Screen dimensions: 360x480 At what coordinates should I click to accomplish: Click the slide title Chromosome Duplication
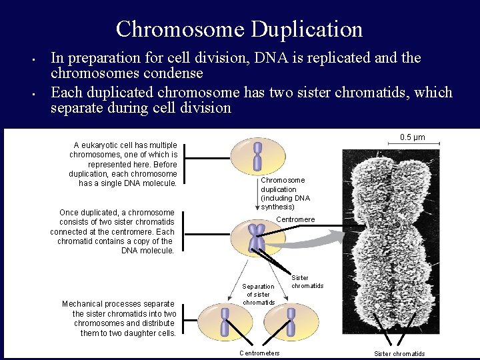point(239,29)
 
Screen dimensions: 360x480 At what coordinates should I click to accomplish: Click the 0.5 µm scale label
point(412,137)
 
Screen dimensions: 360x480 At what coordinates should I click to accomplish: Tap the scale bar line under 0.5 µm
point(416,146)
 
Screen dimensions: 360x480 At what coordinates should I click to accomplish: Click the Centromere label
point(295,219)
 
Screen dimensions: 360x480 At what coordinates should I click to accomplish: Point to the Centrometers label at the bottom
point(259,353)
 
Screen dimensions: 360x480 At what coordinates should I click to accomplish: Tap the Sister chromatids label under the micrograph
point(399,353)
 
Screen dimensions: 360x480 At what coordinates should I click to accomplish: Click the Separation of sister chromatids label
point(258,294)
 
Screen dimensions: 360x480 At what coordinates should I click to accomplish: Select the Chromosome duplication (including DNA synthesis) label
point(285,193)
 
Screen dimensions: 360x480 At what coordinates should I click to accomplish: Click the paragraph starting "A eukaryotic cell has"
point(123,164)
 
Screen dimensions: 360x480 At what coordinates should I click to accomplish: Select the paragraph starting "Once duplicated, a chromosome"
point(113,231)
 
